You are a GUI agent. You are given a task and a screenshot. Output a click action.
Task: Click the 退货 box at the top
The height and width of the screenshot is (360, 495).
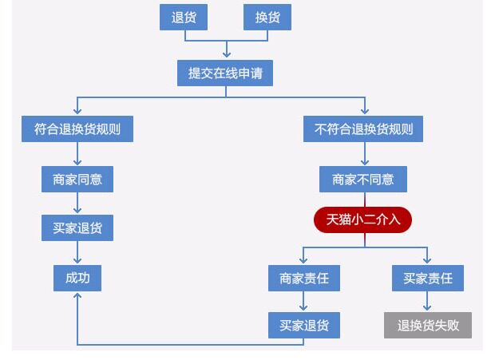pyautogui.click(x=184, y=18)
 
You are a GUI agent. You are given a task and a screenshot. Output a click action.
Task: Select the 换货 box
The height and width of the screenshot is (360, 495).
pyautogui.click(x=267, y=18)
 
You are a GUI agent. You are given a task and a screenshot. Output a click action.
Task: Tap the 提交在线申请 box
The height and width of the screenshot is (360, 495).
pyautogui.click(x=226, y=73)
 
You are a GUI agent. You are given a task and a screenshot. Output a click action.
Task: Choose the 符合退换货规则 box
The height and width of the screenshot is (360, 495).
pyautogui.click(x=77, y=129)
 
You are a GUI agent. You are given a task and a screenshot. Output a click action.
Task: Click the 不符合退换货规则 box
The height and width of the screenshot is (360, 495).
pyautogui.click(x=364, y=129)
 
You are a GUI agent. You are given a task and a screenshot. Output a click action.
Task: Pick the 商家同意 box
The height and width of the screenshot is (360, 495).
pyautogui.click(x=77, y=180)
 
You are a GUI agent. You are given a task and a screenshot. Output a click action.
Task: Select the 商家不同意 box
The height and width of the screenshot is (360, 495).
pyautogui.click(x=363, y=180)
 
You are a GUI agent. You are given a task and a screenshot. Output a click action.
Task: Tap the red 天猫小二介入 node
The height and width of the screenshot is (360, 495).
pyautogui.click(x=363, y=219)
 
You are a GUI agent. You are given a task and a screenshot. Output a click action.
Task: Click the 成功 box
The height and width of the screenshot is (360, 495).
pyautogui.click(x=77, y=278)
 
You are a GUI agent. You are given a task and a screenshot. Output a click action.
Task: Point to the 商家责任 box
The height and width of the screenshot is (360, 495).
pyautogui.click(x=304, y=278)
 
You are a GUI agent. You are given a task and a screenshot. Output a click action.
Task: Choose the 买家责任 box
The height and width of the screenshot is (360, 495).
pyautogui.click(x=428, y=278)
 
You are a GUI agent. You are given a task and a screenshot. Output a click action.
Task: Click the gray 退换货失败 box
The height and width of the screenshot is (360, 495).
pyautogui.click(x=428, y=325)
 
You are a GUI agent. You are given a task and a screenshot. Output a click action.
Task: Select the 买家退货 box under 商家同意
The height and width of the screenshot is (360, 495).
pyautogui.click(x=77, y=228)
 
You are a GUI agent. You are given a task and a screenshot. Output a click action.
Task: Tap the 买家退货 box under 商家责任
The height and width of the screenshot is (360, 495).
pyautogui.click(x=304, y=325)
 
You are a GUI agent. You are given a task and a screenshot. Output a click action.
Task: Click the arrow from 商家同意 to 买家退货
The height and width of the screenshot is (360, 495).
pyautogui.click(x=77, y=204)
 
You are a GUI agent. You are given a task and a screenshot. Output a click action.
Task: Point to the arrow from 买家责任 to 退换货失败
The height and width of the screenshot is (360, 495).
pyautogui.click(x=428, y=302)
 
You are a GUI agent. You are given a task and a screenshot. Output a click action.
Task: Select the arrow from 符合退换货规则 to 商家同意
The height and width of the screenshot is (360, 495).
pyautogui.click(x=77, y=154)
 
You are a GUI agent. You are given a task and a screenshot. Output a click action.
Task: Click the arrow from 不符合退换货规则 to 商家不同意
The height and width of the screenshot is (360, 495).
pyautogui.click(x=364, y=154)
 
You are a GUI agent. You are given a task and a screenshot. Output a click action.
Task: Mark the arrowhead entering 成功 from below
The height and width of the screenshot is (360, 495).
pyautogui.click(x=77, y=296)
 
